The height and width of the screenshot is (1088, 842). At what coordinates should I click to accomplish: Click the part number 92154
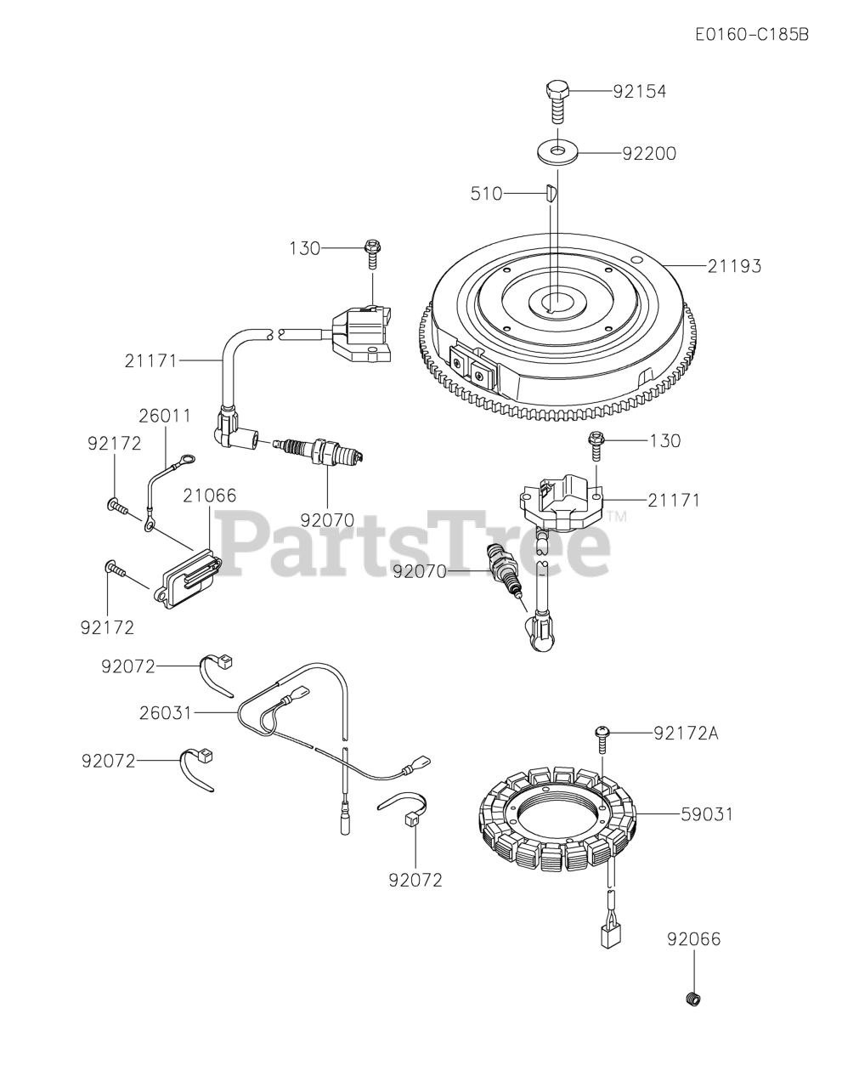[639, 91]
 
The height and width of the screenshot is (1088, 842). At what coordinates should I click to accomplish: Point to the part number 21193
[734, 266]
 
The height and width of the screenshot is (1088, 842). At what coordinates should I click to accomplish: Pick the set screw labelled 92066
[693, 999]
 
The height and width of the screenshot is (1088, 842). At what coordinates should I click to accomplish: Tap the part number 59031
[707, 814]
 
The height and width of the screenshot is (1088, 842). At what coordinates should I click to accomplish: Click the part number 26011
[165, 416]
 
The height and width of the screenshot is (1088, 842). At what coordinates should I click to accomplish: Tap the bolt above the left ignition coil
[372, 252]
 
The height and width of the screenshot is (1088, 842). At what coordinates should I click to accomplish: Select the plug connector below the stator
[607, 935]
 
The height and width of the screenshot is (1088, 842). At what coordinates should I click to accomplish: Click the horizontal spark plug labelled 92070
[323, 450]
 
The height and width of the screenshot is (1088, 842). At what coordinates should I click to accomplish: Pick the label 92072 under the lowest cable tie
[415, 880]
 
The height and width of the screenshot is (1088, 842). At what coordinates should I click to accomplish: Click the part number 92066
[693, 939]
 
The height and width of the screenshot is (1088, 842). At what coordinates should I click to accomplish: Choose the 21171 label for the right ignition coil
[674, 500]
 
